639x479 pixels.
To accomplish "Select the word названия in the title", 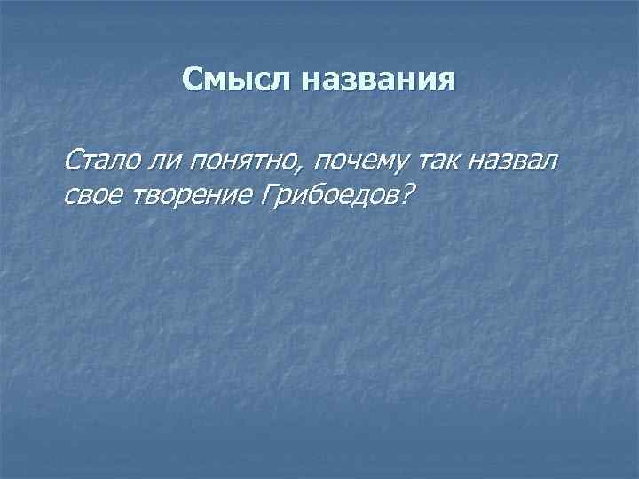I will click(x=379, y=81).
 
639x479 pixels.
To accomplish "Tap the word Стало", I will click(x=96, y=162).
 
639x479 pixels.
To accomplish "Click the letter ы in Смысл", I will click(x=235, y=82).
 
